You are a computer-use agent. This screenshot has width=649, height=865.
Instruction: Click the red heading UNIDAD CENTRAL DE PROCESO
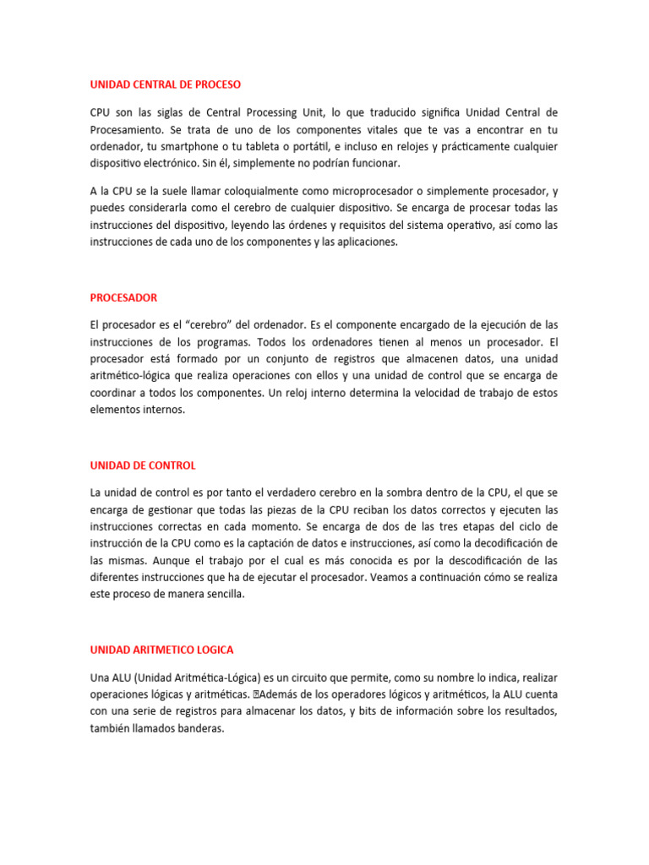pyautogui.click(x=165, y=84)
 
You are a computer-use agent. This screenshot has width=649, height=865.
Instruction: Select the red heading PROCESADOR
pyautogui.click(x=123, y=297)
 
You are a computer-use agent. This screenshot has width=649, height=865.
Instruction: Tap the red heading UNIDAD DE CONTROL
pyautogui.click(x=143, y=465)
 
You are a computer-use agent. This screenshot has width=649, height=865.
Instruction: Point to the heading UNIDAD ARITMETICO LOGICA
pyautogui.click(x=161, y=650)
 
